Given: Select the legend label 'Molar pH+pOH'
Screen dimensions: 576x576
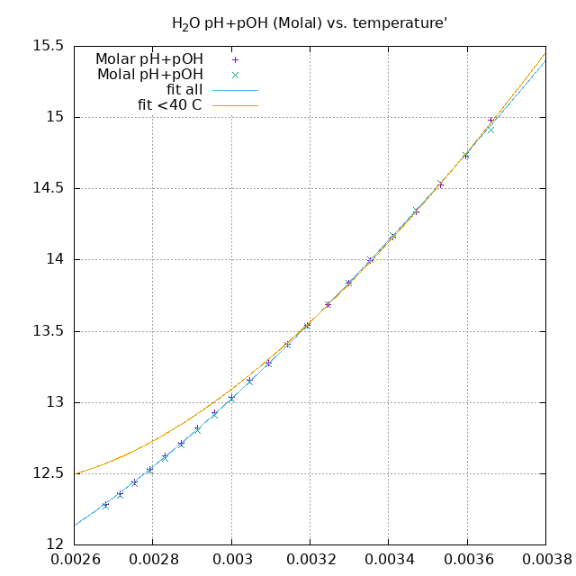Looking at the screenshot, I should tap(149, 59).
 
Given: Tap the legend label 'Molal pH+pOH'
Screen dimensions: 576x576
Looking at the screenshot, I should tap(150, 75).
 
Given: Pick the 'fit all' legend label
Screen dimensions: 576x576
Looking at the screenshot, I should tap(184, 90).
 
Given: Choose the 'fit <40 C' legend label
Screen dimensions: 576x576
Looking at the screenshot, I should tap(169, 105).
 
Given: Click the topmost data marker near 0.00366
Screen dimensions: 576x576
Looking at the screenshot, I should tap(490, 120).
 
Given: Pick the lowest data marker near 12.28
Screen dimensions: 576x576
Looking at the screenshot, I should tap(105, 505).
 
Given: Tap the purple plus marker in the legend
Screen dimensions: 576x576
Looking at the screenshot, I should tap(235, 59).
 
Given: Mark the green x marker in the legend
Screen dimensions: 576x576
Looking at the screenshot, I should tap(235, 75).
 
